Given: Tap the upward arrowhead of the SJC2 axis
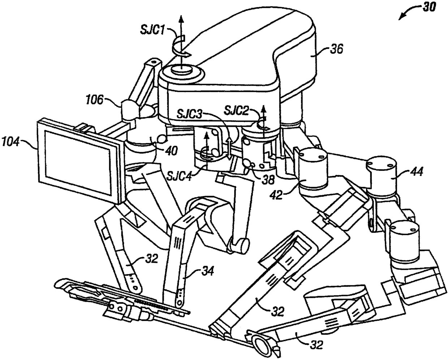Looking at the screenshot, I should (x=263, y=107).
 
